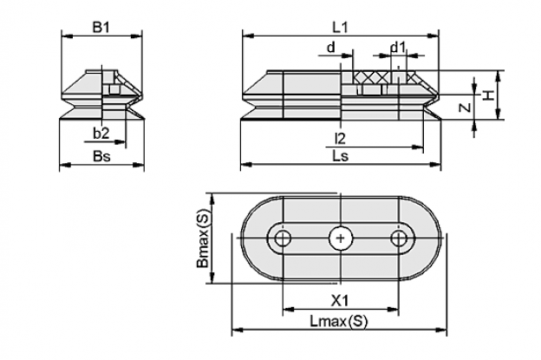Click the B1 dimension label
[101, 27]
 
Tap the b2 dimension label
[101, 134]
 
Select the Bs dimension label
[101, 156]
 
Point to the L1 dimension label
[340, 27]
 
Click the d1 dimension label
[398, 47]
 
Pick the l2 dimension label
[340, 139]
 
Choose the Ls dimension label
[340, 156]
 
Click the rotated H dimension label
[487, 95]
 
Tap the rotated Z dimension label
[465, 108]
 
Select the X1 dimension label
[340, 301]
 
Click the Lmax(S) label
[339, 322]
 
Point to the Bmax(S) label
[203, 239]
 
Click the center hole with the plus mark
[340, 239]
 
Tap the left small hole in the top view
[283, 239]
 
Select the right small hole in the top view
[399, 239]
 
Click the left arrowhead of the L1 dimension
[249, 36]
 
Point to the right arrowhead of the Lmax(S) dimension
[441, 330]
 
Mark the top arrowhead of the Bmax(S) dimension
[212, 200]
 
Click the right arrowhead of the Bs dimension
[139, 165]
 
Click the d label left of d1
[331, 47]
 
